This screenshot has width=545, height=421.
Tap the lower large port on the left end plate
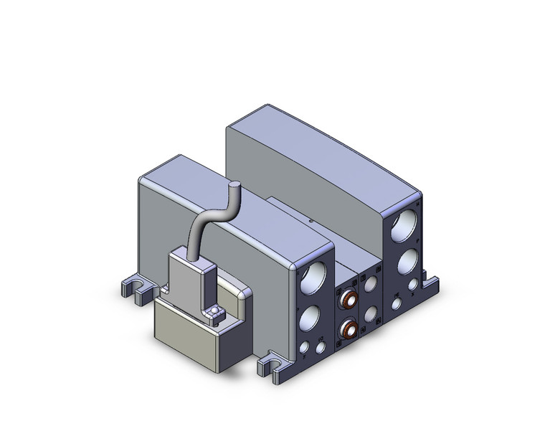point(312,316)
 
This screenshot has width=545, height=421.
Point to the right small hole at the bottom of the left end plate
point(320,346)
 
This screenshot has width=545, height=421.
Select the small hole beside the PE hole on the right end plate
point(412,284)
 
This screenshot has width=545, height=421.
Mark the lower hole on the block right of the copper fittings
point(371,314)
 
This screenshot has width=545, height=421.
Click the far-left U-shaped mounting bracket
point(135,288)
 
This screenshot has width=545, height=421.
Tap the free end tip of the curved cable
point(233,185)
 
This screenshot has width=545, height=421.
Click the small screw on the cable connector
point(214,310)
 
